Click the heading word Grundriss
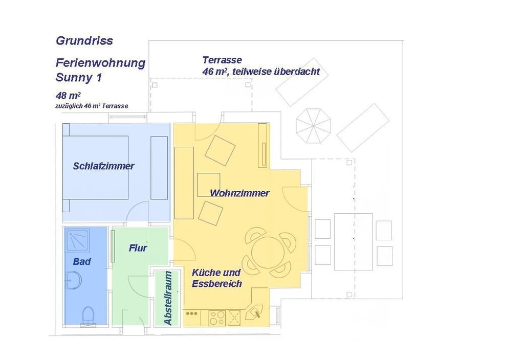click(x=84, y=41)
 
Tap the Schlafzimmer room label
click(x=103, y=166)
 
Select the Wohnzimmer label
click(x=239, y=193)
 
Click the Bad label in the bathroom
click(x=82, y=261)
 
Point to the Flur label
click(x=138, y=248)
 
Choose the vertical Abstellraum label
click(x=168, y=298)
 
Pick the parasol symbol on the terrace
click(x=313, y=126)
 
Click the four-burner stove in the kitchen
click(x=217, y=318)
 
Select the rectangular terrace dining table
click(x=353, y=241)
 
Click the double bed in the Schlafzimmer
click(x=96, y=167)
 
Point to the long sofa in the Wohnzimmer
click(x=184, y=183)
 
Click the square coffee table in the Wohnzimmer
click(x=208, y=185)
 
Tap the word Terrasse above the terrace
click(x=222, y=60)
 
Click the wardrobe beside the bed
click(x=159, y=168)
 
